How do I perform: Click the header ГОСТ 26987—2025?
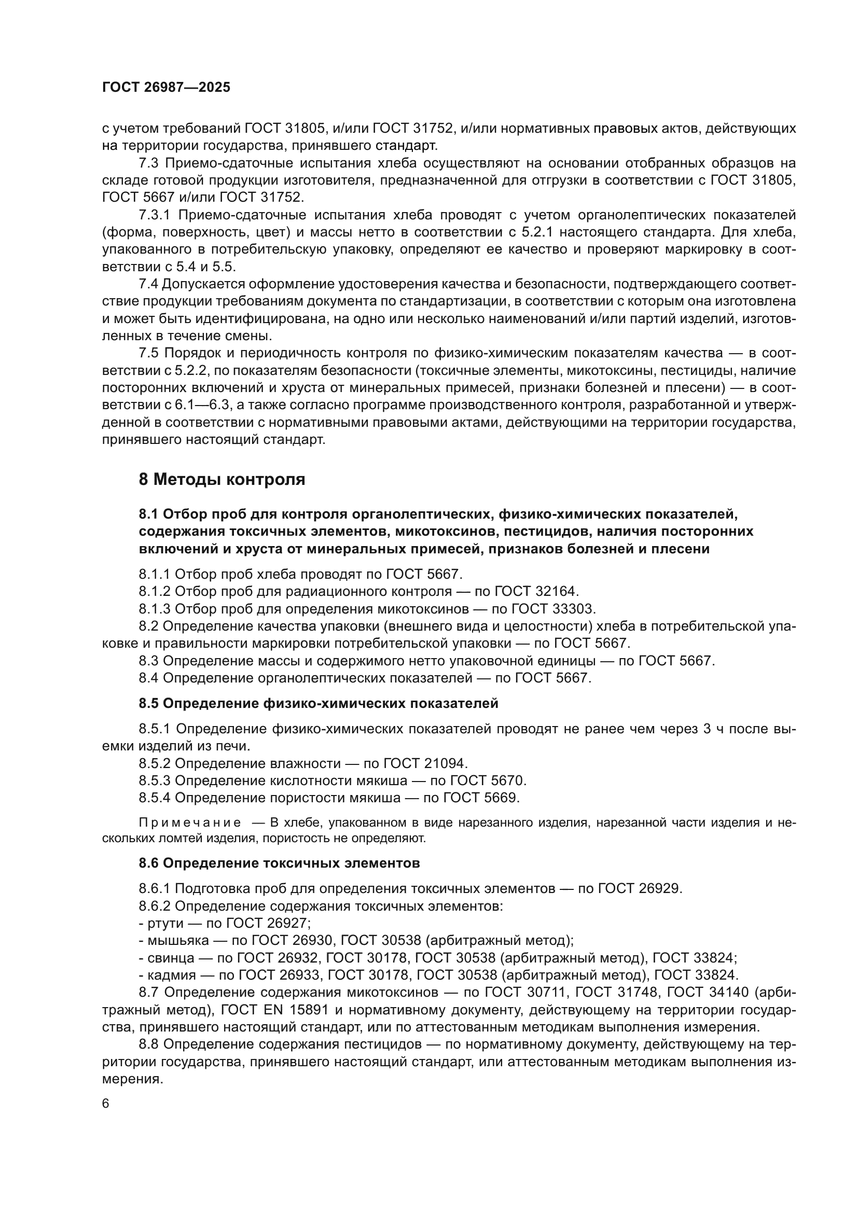166,88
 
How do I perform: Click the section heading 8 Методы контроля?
222,480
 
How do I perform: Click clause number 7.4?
148,284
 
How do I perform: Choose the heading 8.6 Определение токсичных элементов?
279,863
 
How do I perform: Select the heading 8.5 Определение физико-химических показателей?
319,704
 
